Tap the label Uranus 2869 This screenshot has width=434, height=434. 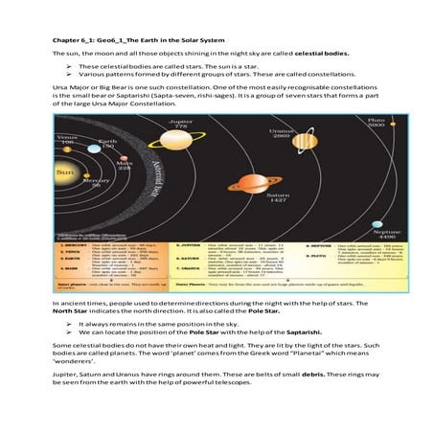tap(281, 133)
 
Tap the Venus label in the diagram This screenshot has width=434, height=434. tap(68, 137)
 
